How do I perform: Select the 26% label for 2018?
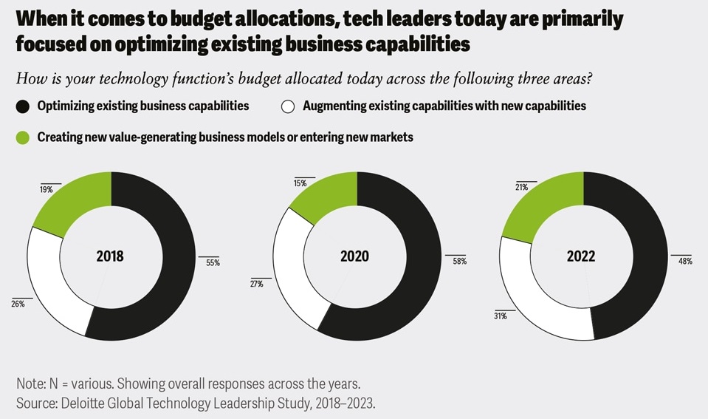pos(17,304)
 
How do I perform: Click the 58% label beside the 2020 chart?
pos(458,262)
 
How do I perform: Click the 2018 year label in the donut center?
pos(110,257)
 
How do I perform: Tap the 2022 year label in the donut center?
pos(581,257)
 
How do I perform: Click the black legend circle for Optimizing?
pos(24,106)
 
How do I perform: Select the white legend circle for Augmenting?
pos(289,106)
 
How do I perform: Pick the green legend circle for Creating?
pos(24,137)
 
